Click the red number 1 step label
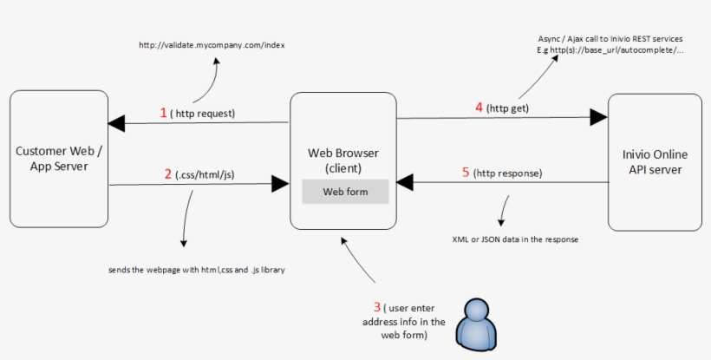tap(163, 113)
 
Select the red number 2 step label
tap(168, 173)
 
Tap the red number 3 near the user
tap(377, 307)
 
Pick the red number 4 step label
tap(479, 108)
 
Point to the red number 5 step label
tap(466, 173)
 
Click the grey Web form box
tap(345, 191)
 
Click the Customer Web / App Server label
tap(59, 158)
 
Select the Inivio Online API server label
tap(655, 162)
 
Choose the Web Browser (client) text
tap(343, 160)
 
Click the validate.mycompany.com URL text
tap(212, 45)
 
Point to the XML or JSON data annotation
tap(515, 239)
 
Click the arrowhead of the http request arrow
tap(116, 124)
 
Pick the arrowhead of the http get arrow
tap(598, 117)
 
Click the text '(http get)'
tap(507, 108)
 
